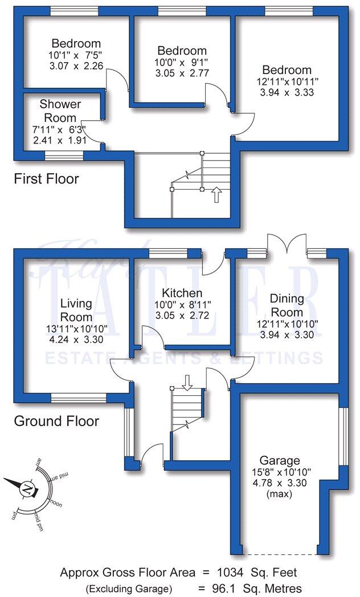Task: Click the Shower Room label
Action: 60,111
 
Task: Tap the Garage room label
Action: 280,460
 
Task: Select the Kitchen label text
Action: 178,293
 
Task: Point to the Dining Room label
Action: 287,305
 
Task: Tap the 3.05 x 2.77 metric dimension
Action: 182,73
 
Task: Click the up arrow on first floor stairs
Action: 216,196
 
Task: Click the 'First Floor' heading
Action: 46,179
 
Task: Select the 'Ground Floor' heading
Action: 56,422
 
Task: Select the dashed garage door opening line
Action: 280,554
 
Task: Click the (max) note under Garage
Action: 280,494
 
